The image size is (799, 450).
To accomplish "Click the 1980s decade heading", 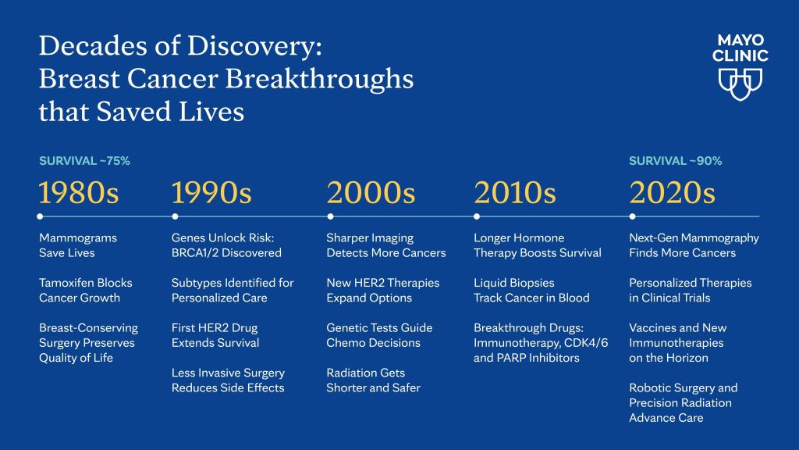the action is [x=79, y=192].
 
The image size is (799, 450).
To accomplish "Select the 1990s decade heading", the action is [x=211, y=192].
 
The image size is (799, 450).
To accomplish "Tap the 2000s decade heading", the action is [x=371, y=192].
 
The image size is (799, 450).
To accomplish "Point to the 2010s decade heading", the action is [x=515, y=192].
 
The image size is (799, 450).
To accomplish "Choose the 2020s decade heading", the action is [x=672, y=192].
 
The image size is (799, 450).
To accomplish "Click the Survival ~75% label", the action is [x=84, y=161].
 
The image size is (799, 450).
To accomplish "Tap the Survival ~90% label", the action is [x=675, y=161].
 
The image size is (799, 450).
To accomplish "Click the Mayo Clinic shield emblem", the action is [x=740, y=84].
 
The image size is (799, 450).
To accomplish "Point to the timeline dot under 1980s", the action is [x=40, y=216].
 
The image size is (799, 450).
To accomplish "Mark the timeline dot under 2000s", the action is [x=330, y=216].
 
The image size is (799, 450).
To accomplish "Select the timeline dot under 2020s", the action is [x=632, y=216].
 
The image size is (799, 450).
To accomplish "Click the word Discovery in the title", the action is [x=252, y=47].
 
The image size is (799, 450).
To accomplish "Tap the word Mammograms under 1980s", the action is [x=78, y=238].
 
